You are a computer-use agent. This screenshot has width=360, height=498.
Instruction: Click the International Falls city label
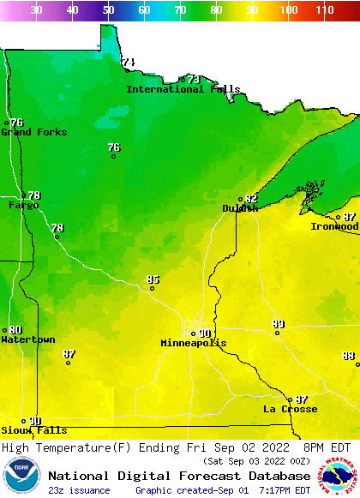coord(183,89)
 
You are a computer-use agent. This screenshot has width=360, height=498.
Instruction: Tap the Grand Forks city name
coord(27,132)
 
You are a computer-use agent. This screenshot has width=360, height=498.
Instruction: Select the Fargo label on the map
coord(23,206)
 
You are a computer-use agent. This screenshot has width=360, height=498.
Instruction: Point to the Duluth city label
coord(240,208)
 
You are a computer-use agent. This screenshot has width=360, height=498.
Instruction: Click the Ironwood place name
coord(334,227)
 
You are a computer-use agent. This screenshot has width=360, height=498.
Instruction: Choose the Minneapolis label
coord(194,343)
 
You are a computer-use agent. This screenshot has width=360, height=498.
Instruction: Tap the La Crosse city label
coord(290,410)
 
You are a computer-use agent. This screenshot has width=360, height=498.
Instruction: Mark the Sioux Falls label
coord(33,430)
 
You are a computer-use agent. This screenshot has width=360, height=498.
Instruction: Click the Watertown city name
coord(27,340)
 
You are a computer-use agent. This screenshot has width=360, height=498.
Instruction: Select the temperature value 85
coord(153,279)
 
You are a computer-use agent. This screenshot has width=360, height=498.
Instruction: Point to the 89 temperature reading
coord(278,324)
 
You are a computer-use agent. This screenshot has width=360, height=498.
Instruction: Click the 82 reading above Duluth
coord(250,199)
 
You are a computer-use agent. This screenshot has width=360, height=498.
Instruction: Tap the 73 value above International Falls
coord(194,79)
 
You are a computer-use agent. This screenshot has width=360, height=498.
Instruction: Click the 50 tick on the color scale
coord(108,10)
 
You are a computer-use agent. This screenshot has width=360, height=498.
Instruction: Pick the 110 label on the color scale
coord(324,10)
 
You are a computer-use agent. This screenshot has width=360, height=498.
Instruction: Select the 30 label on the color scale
coord(36,10)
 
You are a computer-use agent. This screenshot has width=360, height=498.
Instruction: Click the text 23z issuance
coord(78,490)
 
